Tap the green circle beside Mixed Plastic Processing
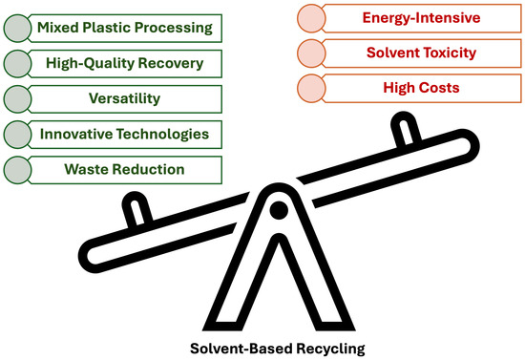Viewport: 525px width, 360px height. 17,29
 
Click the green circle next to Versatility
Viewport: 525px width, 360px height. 17,98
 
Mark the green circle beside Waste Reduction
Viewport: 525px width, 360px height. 17,169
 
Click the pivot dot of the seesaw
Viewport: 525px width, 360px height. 278,209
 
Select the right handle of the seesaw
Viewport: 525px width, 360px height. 408,129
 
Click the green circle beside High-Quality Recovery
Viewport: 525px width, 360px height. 17,64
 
